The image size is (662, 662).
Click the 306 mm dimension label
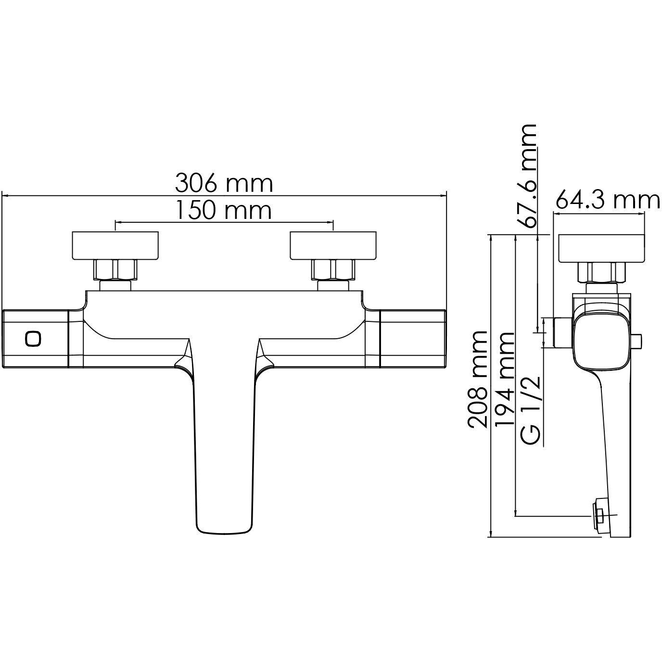coord(224,183)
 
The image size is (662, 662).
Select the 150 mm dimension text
coord(223,210)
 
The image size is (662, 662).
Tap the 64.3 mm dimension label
coord(608,200)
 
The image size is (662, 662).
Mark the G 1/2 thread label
coord(531,411)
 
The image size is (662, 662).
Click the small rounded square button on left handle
coord(33,338)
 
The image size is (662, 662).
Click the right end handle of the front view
coord(414,339)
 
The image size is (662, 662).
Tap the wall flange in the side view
coord(601,248)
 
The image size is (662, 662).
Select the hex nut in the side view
coord(602,273)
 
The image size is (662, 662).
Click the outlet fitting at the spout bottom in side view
coord(599,515)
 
